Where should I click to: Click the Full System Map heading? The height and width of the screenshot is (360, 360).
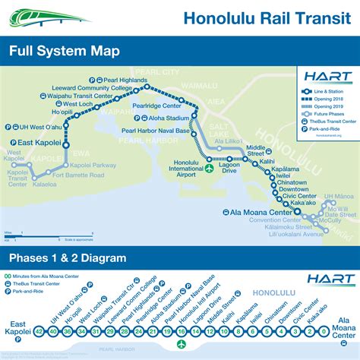pos(66,52)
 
